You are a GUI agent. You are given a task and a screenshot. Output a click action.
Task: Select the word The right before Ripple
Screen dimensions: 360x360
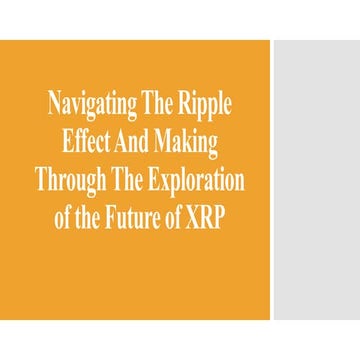pos(159,102)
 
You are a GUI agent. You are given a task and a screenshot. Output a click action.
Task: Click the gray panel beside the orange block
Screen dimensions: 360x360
pos(317,180)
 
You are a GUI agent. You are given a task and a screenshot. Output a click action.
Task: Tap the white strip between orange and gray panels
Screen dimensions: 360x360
pos(271,180)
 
